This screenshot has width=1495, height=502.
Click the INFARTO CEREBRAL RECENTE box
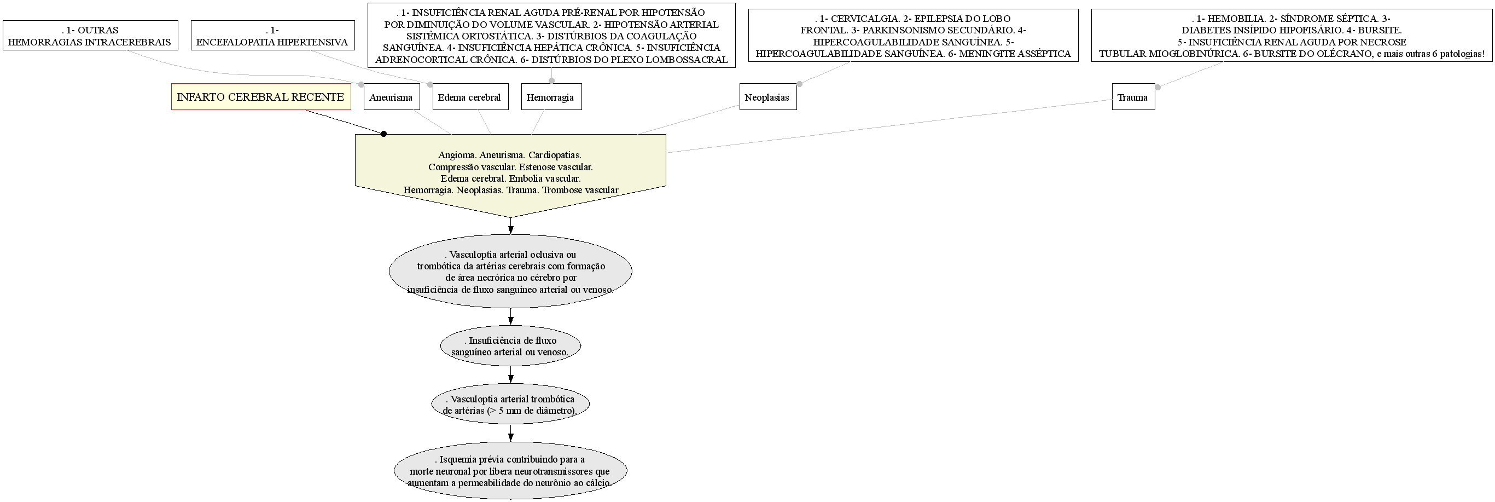260,97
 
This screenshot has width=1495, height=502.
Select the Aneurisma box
391,97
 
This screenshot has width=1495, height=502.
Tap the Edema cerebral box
469,97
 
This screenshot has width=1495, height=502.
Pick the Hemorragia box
550,97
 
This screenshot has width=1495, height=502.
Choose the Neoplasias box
767,97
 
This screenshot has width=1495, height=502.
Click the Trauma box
1133,97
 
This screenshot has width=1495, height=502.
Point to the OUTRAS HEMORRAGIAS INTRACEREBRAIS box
90,36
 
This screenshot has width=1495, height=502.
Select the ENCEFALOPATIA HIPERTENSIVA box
272,36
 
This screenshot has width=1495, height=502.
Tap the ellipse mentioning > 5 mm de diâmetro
511,405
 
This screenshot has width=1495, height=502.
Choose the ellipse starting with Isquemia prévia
511,471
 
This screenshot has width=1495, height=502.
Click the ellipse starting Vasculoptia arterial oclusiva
511,272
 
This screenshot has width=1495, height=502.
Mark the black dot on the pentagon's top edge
383,134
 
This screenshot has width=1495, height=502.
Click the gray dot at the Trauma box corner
1158,87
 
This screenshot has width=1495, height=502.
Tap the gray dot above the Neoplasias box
800,84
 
